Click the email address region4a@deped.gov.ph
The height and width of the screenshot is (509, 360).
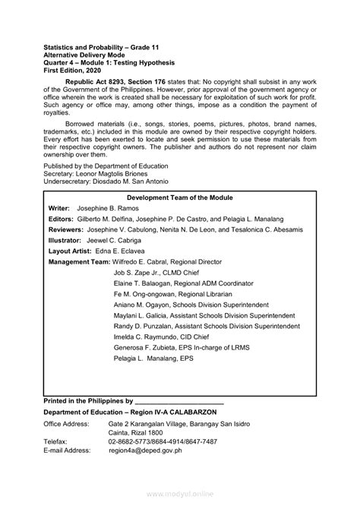click(x=145, y=450)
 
